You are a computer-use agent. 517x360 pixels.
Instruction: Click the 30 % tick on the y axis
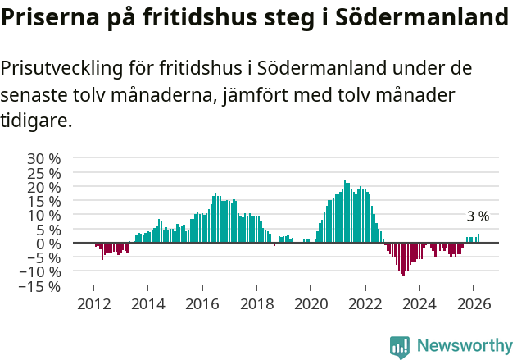[44, 158]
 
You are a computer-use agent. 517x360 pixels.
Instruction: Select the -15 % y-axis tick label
[41, 287]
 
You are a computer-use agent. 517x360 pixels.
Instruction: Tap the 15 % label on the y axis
[44, 201]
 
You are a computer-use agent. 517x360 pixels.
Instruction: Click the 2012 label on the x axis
[93, 303]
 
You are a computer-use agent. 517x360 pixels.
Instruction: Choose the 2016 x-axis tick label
[202, 303]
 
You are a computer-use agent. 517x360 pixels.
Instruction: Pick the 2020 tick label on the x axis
[311, 303]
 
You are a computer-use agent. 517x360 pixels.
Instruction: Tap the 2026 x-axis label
[474, 303]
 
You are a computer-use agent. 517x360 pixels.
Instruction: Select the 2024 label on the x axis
[419, 303]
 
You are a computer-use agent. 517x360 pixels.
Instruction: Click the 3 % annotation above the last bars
[478, 216]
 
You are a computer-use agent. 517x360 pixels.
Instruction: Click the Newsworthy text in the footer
[464, 345]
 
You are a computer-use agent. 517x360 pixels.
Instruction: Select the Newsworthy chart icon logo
[400, 347]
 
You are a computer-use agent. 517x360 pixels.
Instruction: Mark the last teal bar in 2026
[478, 239]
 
